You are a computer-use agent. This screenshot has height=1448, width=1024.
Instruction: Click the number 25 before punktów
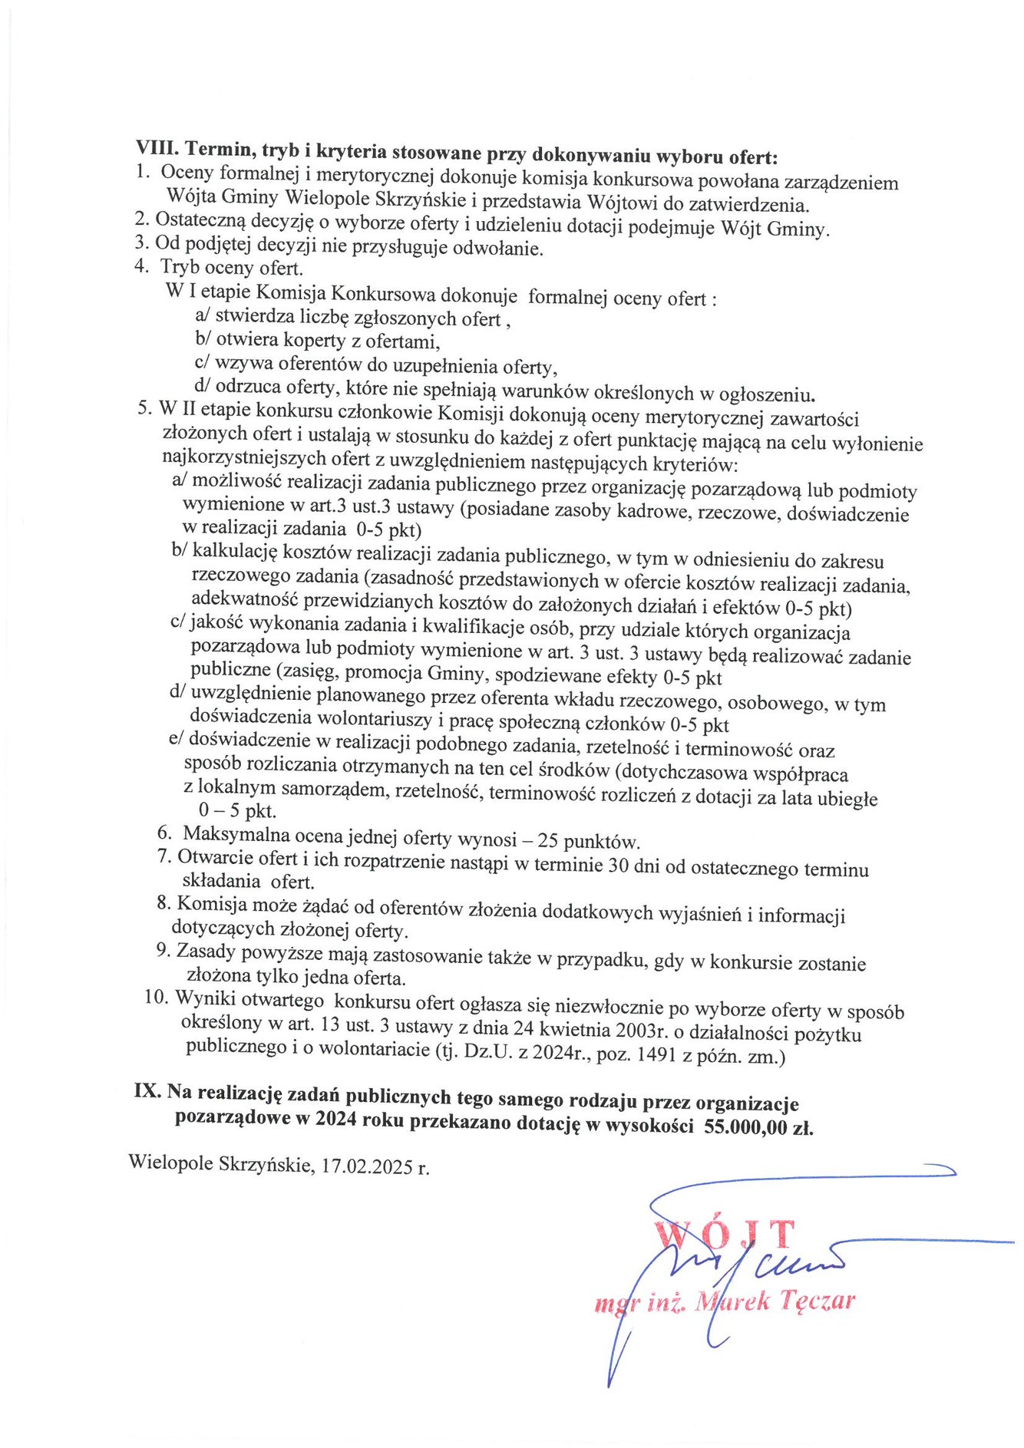[x=548, y=840]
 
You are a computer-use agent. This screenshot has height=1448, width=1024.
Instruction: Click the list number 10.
[x=156, y=998]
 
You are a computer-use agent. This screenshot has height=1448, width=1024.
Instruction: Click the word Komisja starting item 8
[x=206, y=905]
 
